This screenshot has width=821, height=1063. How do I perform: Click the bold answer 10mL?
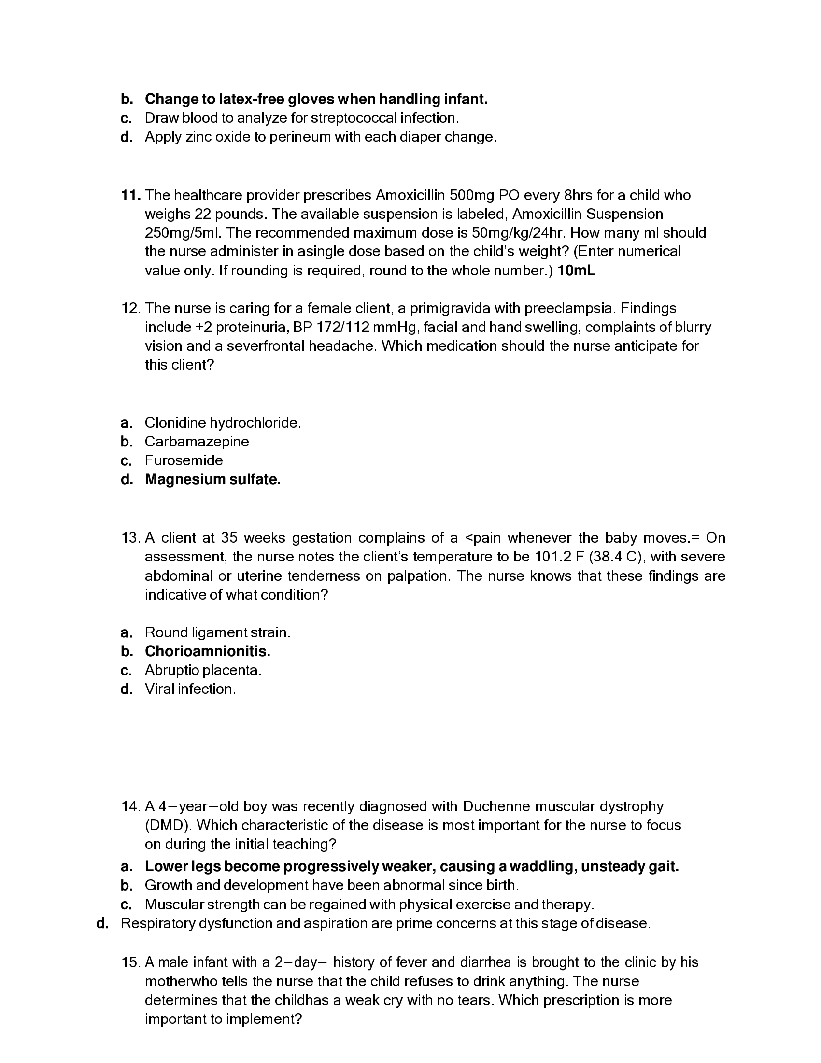click(576, 271)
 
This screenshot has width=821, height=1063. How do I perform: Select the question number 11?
click(130, 195)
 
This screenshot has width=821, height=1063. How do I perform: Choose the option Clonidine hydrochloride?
click(223, 422)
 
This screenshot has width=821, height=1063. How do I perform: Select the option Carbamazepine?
click(197, 442)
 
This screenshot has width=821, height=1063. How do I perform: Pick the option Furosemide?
click(184, 460)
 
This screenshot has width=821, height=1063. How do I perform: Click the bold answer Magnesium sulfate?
click(212, 479)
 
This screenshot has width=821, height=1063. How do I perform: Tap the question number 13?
click(130, 538)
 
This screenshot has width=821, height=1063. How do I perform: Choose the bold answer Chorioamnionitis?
click(207, 651)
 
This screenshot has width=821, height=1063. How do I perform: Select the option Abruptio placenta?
click(203, 670)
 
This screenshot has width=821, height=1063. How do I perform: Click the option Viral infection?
click(190, 689)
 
